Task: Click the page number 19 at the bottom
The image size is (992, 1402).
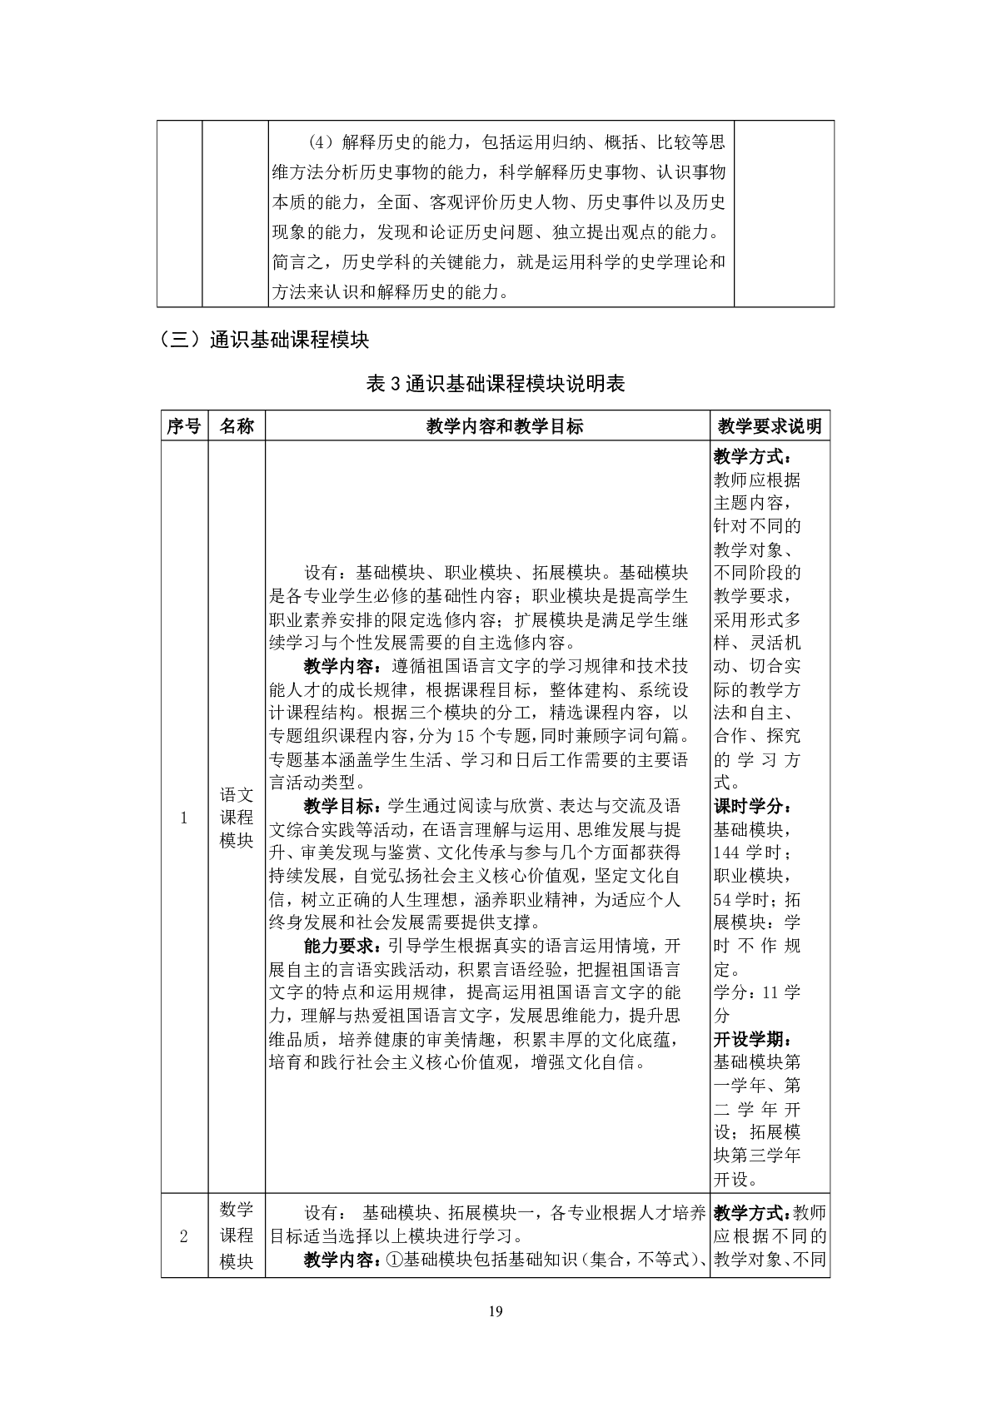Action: pyautogui.click(x=496, y=1313)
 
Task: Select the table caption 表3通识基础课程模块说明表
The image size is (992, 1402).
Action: pyautogui.click(x=496, y=384)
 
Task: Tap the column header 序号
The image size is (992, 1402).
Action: pyautogui.click(x=183, y=426)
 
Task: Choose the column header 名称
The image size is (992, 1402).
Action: pyautogui.click(x=237, y=426)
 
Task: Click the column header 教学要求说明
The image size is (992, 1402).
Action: pyautogui.click(x=770, y=426)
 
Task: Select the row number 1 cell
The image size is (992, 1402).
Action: pyautogui.click(x=183, y=818)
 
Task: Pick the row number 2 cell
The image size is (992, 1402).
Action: pyautogui.click(x=183, y=1235)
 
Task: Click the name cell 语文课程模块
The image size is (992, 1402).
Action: pyautogui.click(x=237, y=818)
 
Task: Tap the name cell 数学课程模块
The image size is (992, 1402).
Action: pyautogui.click(x=237, y=1235)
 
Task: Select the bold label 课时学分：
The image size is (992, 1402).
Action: pyautogui.click(x=752, y=806)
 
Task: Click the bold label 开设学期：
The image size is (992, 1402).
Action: pyautogui.click(x=752, y=1039)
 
